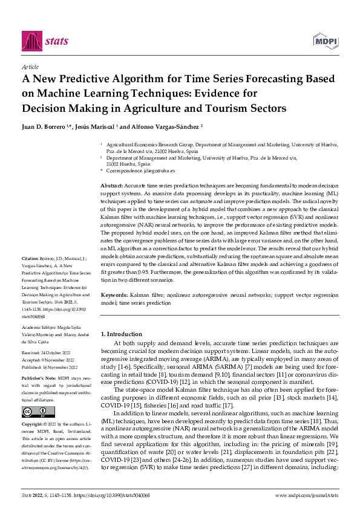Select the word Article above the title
pyautogui.click(x=30, y=67)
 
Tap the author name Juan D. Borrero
pyautogui.click(x=43, y=126)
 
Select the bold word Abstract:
pyautogui.click(x=110, y=185)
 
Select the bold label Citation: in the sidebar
pyautogui.click(x=31, y=257)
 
